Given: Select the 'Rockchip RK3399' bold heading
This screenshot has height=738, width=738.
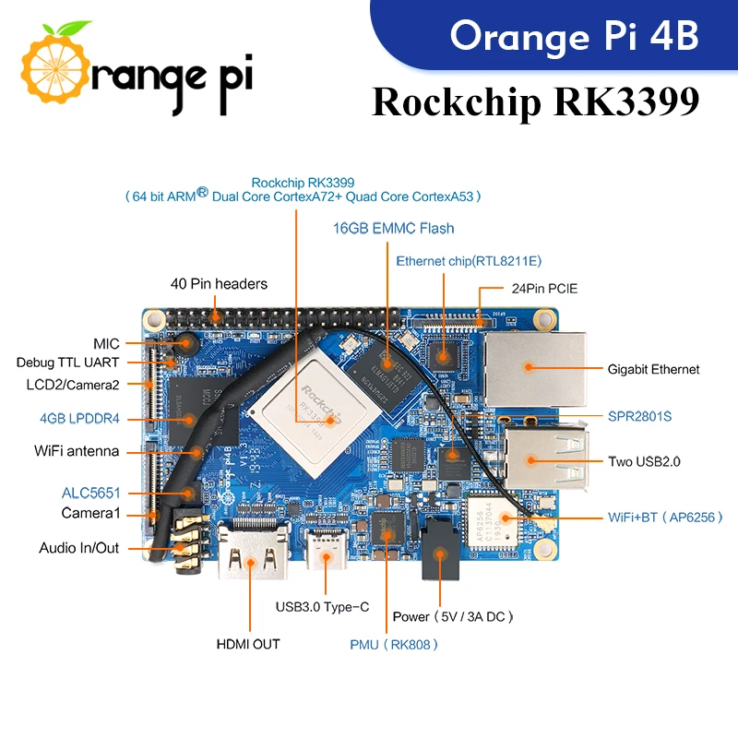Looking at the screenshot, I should click(535, 102).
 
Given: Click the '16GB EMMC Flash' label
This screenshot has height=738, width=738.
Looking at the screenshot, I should click(394, 228).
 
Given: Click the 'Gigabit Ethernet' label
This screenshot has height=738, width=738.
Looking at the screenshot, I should click(653, 369).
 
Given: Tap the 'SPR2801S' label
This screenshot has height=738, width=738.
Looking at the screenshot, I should click(639, 416).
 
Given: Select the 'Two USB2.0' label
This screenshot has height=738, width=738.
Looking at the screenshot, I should click(644, 461).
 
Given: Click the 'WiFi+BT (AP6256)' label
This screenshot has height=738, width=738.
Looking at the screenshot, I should click(652, 518).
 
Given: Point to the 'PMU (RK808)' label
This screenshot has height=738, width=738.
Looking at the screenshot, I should click(394, 644).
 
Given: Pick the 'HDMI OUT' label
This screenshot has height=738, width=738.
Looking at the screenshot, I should click(248, 644).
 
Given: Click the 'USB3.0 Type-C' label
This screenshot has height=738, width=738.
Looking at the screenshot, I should click(323, 607).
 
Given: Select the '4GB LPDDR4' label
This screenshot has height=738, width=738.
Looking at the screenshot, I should click(78, 418).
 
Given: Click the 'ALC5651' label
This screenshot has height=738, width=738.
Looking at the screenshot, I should click(91, 493).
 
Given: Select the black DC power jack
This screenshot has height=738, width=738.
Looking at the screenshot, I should click(441, 553).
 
